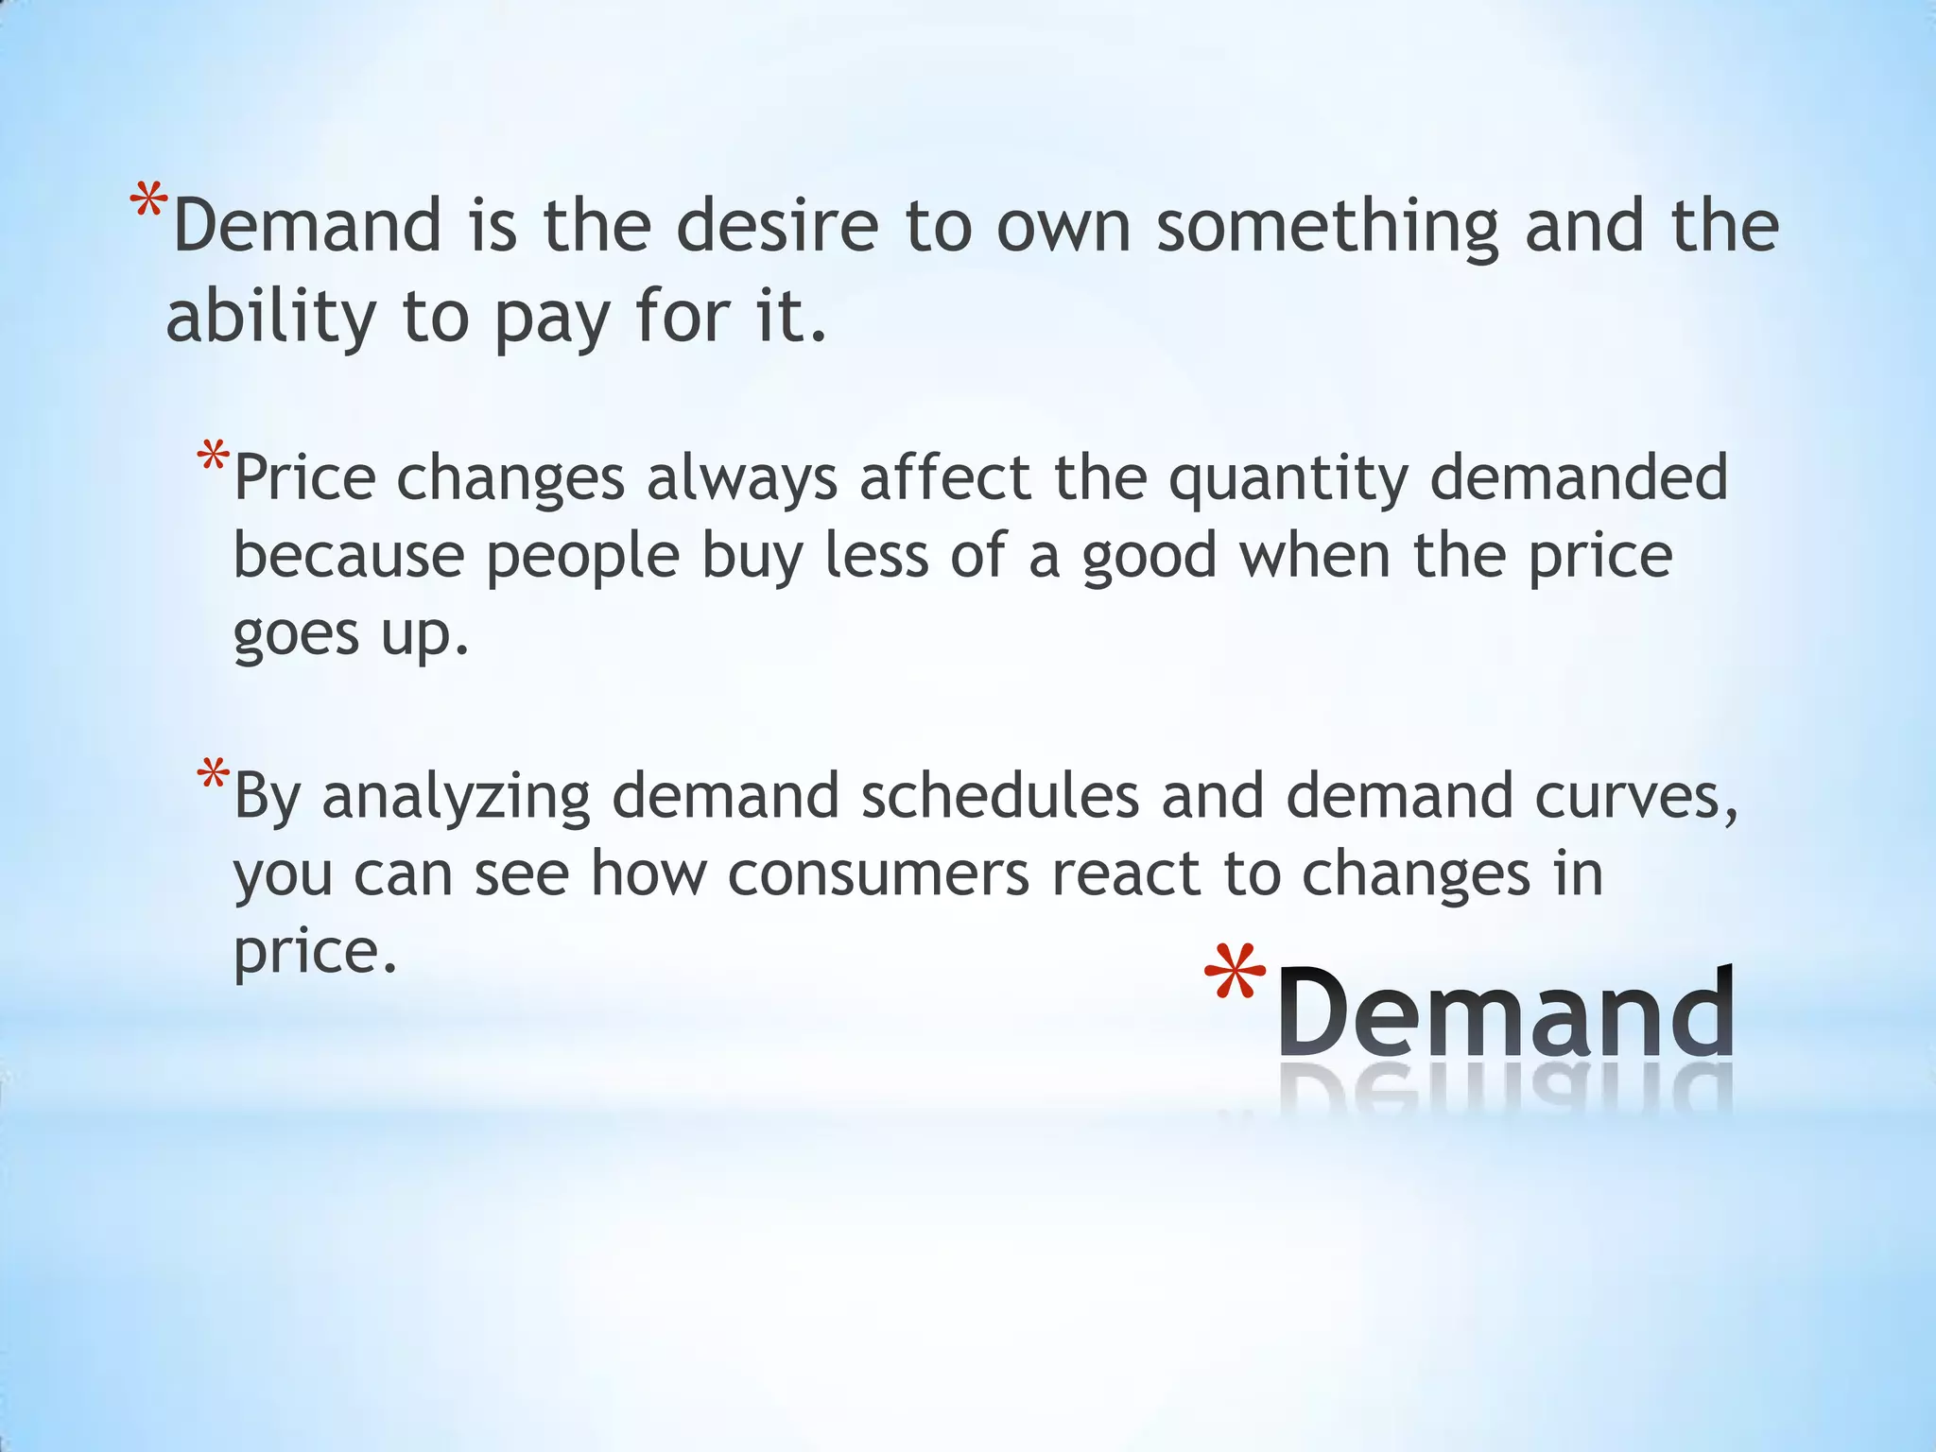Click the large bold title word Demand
coord(1505,1013)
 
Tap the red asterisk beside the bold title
coord(1236,974)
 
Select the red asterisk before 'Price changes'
coord(213,458)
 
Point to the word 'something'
coord(1327,227)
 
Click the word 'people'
coord(582,558)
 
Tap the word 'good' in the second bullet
coord(1149,558)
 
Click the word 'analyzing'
coord(456,798)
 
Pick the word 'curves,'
coord(1635,798)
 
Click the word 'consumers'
coord(878,873)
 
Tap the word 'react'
coord(1125,873)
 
